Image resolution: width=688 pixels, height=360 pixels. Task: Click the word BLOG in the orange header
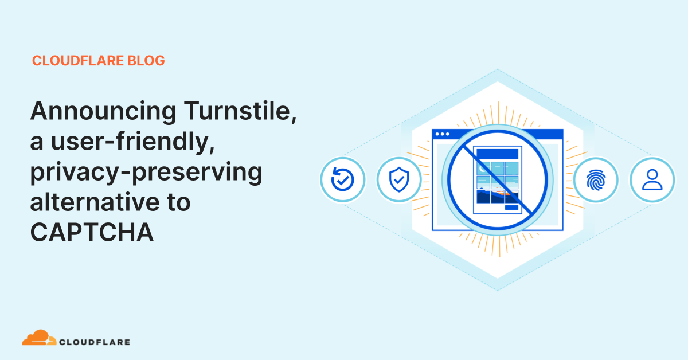click(146, 60)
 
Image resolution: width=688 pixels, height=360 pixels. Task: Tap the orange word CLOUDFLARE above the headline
click(79, 60)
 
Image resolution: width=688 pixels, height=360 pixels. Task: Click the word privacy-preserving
click(146, 172)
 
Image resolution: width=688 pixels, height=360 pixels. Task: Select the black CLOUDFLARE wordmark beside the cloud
click(95, 342)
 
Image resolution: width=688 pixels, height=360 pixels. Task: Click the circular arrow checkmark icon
click(342, 180)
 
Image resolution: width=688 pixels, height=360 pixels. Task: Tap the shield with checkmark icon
click(398, 180)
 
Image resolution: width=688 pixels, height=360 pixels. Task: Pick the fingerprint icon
click(596, 180)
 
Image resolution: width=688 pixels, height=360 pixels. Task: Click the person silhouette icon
click(652, 180)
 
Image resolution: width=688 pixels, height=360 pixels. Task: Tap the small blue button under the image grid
click(511, 208)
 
